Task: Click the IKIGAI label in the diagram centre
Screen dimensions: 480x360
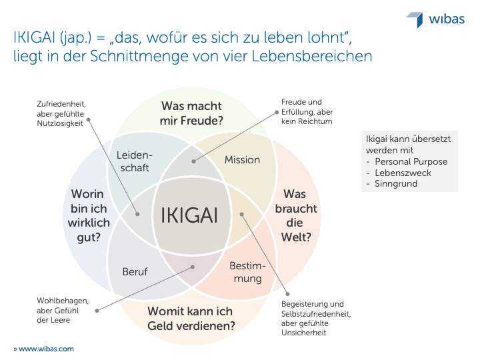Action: [x=189, y=215]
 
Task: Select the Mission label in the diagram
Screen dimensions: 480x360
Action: [x=242, y=160]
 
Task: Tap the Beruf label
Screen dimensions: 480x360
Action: [x=135, y=271]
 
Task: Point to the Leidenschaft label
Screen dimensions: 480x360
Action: [x=135, y=161]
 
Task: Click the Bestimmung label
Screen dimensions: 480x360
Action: [x=247, y=273]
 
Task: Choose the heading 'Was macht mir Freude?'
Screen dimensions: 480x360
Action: [x=191, y=113]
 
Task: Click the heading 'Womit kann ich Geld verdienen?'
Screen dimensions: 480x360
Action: [x=191, y=319]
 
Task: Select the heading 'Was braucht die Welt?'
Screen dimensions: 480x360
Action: [x=296, y=215]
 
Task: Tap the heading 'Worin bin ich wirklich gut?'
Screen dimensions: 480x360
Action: [x=89, y=216]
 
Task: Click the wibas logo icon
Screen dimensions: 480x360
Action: [x=416, y=19]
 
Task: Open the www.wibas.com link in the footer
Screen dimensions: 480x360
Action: [x=43, y=349]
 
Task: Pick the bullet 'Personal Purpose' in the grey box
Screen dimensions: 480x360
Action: [x=411, y=161]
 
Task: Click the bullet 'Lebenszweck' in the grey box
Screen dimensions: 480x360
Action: [x=403, y=173]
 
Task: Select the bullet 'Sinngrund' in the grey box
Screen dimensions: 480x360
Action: [x=396, y=184]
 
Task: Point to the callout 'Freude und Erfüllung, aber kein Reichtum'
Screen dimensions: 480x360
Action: [x=307, y=111]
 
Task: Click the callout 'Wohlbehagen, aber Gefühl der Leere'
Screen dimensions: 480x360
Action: [x=63, y=310]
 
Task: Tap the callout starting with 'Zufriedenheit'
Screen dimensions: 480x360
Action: [x=61, y=113]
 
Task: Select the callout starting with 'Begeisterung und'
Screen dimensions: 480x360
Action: [x=316, y=318]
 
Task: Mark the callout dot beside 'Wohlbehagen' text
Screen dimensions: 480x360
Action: [x=97, y=311]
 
